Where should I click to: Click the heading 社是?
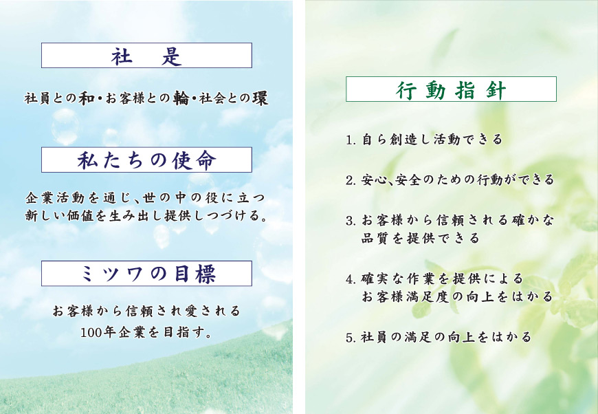(146, 56)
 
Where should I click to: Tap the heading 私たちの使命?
(147, 160)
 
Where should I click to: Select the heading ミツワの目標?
(148, 274)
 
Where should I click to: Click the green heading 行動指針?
(451, 90)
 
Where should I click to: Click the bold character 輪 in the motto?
(181, 98)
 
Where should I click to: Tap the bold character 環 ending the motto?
(260, 98)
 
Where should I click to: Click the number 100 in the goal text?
(91, 333)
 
